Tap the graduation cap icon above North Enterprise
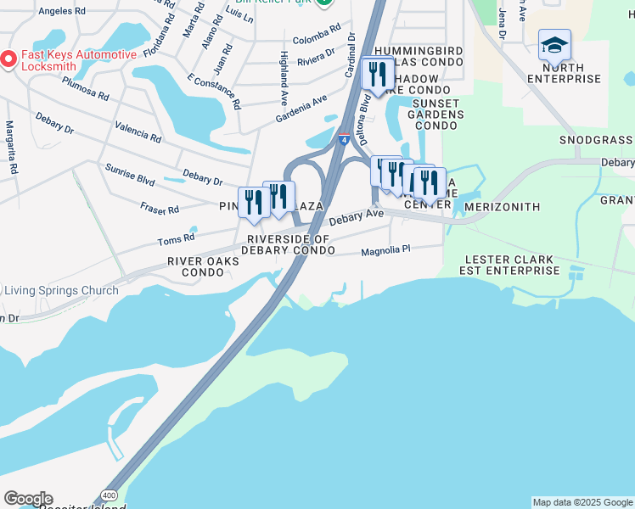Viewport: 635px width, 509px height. [x=554, y=46]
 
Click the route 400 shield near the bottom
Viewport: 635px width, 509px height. [x=108, y=494]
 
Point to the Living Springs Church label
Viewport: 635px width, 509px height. [x=61, y=291]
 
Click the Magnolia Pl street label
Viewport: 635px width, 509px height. [x=385, y=250]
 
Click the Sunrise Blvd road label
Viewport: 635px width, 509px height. [x=130, y=175]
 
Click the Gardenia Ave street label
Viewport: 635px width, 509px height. [x=301, y=109]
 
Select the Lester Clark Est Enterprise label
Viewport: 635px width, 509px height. [x=509, y=265]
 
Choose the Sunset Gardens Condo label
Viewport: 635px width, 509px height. [x=437, y=115]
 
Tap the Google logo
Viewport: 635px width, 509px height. [x=28, y=499]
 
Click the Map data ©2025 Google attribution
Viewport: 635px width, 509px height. [x=582, y=502]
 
